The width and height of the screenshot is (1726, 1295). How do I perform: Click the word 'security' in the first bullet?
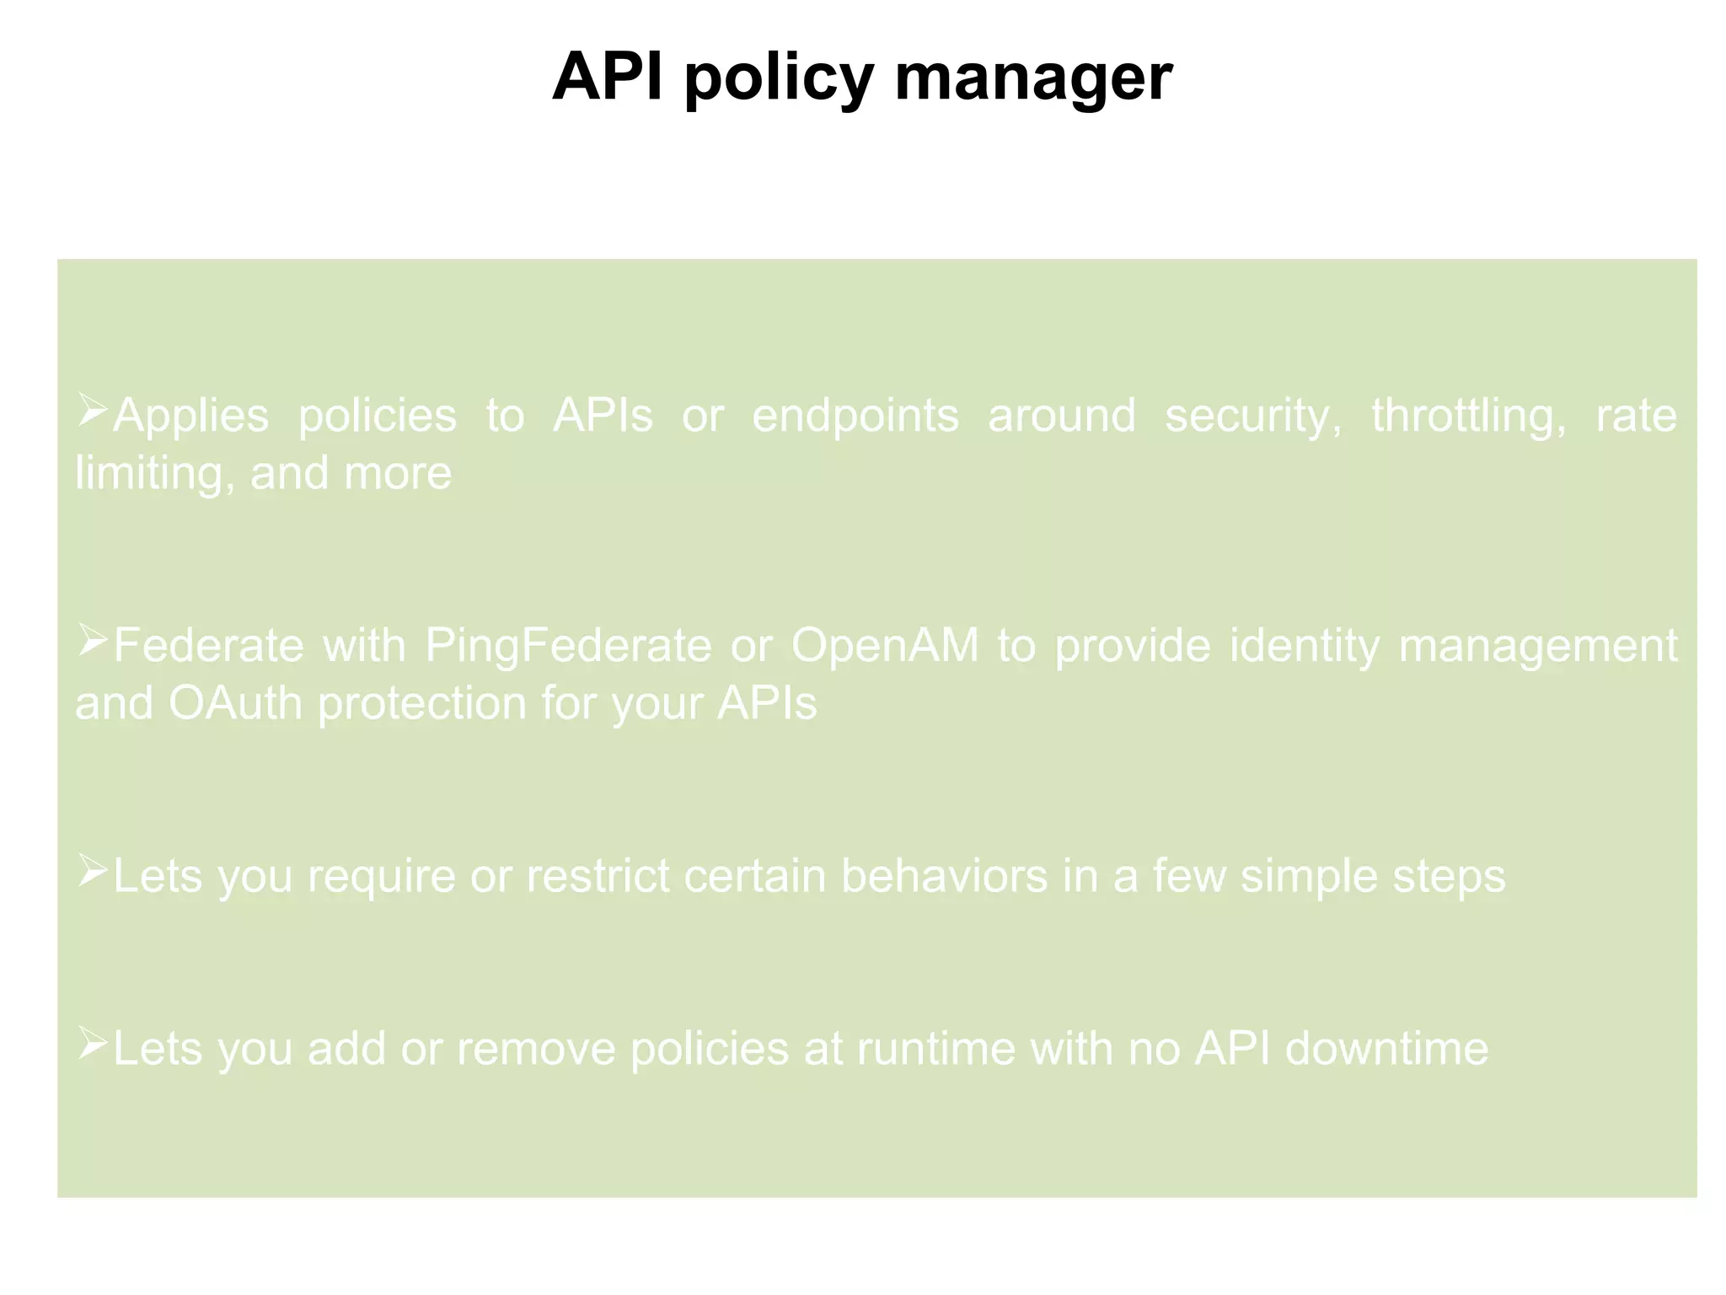point(1252,416)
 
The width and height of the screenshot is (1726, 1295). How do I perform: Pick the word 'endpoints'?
point(855,416)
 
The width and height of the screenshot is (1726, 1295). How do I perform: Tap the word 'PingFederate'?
point(568,647)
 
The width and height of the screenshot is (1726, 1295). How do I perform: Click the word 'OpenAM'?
point(885,646)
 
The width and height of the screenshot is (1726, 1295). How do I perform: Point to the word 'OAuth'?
point(235,703)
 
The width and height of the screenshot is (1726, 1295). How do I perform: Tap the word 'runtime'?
point(936,1049)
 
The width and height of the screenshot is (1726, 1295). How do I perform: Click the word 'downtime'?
point(1386,1049)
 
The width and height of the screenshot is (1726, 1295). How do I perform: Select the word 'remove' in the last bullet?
point(536,1049)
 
